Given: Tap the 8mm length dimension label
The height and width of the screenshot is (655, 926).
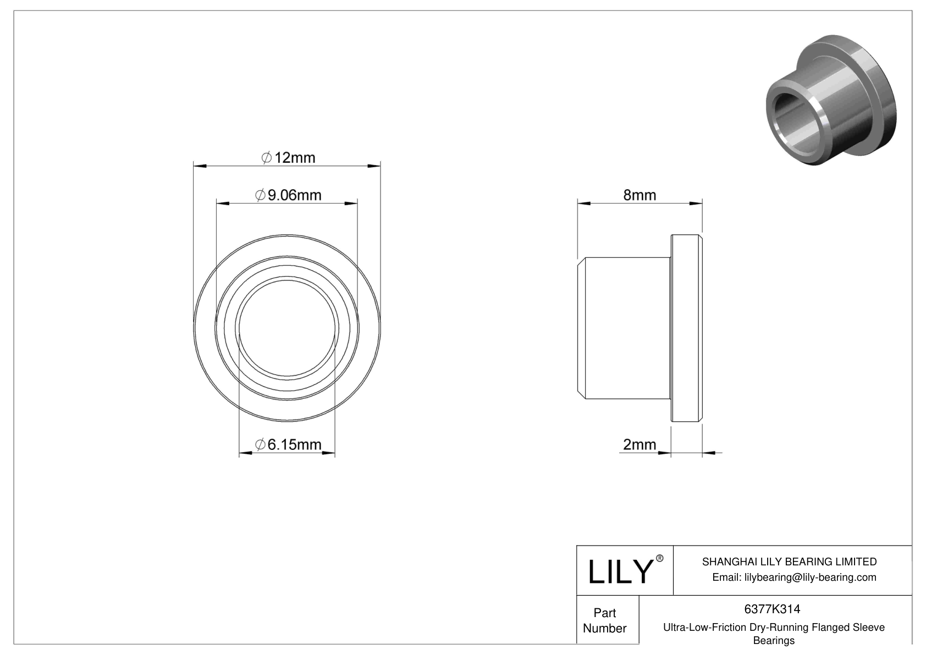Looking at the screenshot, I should (639, 195).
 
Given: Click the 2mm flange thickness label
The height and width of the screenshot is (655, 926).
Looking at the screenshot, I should (639, 444).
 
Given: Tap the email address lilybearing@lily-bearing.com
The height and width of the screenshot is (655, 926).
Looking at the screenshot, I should (794, 577).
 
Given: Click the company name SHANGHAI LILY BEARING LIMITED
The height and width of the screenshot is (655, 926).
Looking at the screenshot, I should (789, 562).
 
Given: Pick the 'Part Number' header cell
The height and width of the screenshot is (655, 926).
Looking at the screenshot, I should (605, 620).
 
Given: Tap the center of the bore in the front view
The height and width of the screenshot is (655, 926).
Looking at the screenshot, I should (287, 328).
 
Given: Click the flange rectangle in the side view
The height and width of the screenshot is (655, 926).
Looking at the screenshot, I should (686, 328).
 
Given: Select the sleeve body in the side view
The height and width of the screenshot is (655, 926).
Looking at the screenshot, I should (627, 328).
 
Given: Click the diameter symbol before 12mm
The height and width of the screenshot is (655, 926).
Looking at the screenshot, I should (266, 158).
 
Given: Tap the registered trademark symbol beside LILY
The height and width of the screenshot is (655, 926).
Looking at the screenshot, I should (660, 558).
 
